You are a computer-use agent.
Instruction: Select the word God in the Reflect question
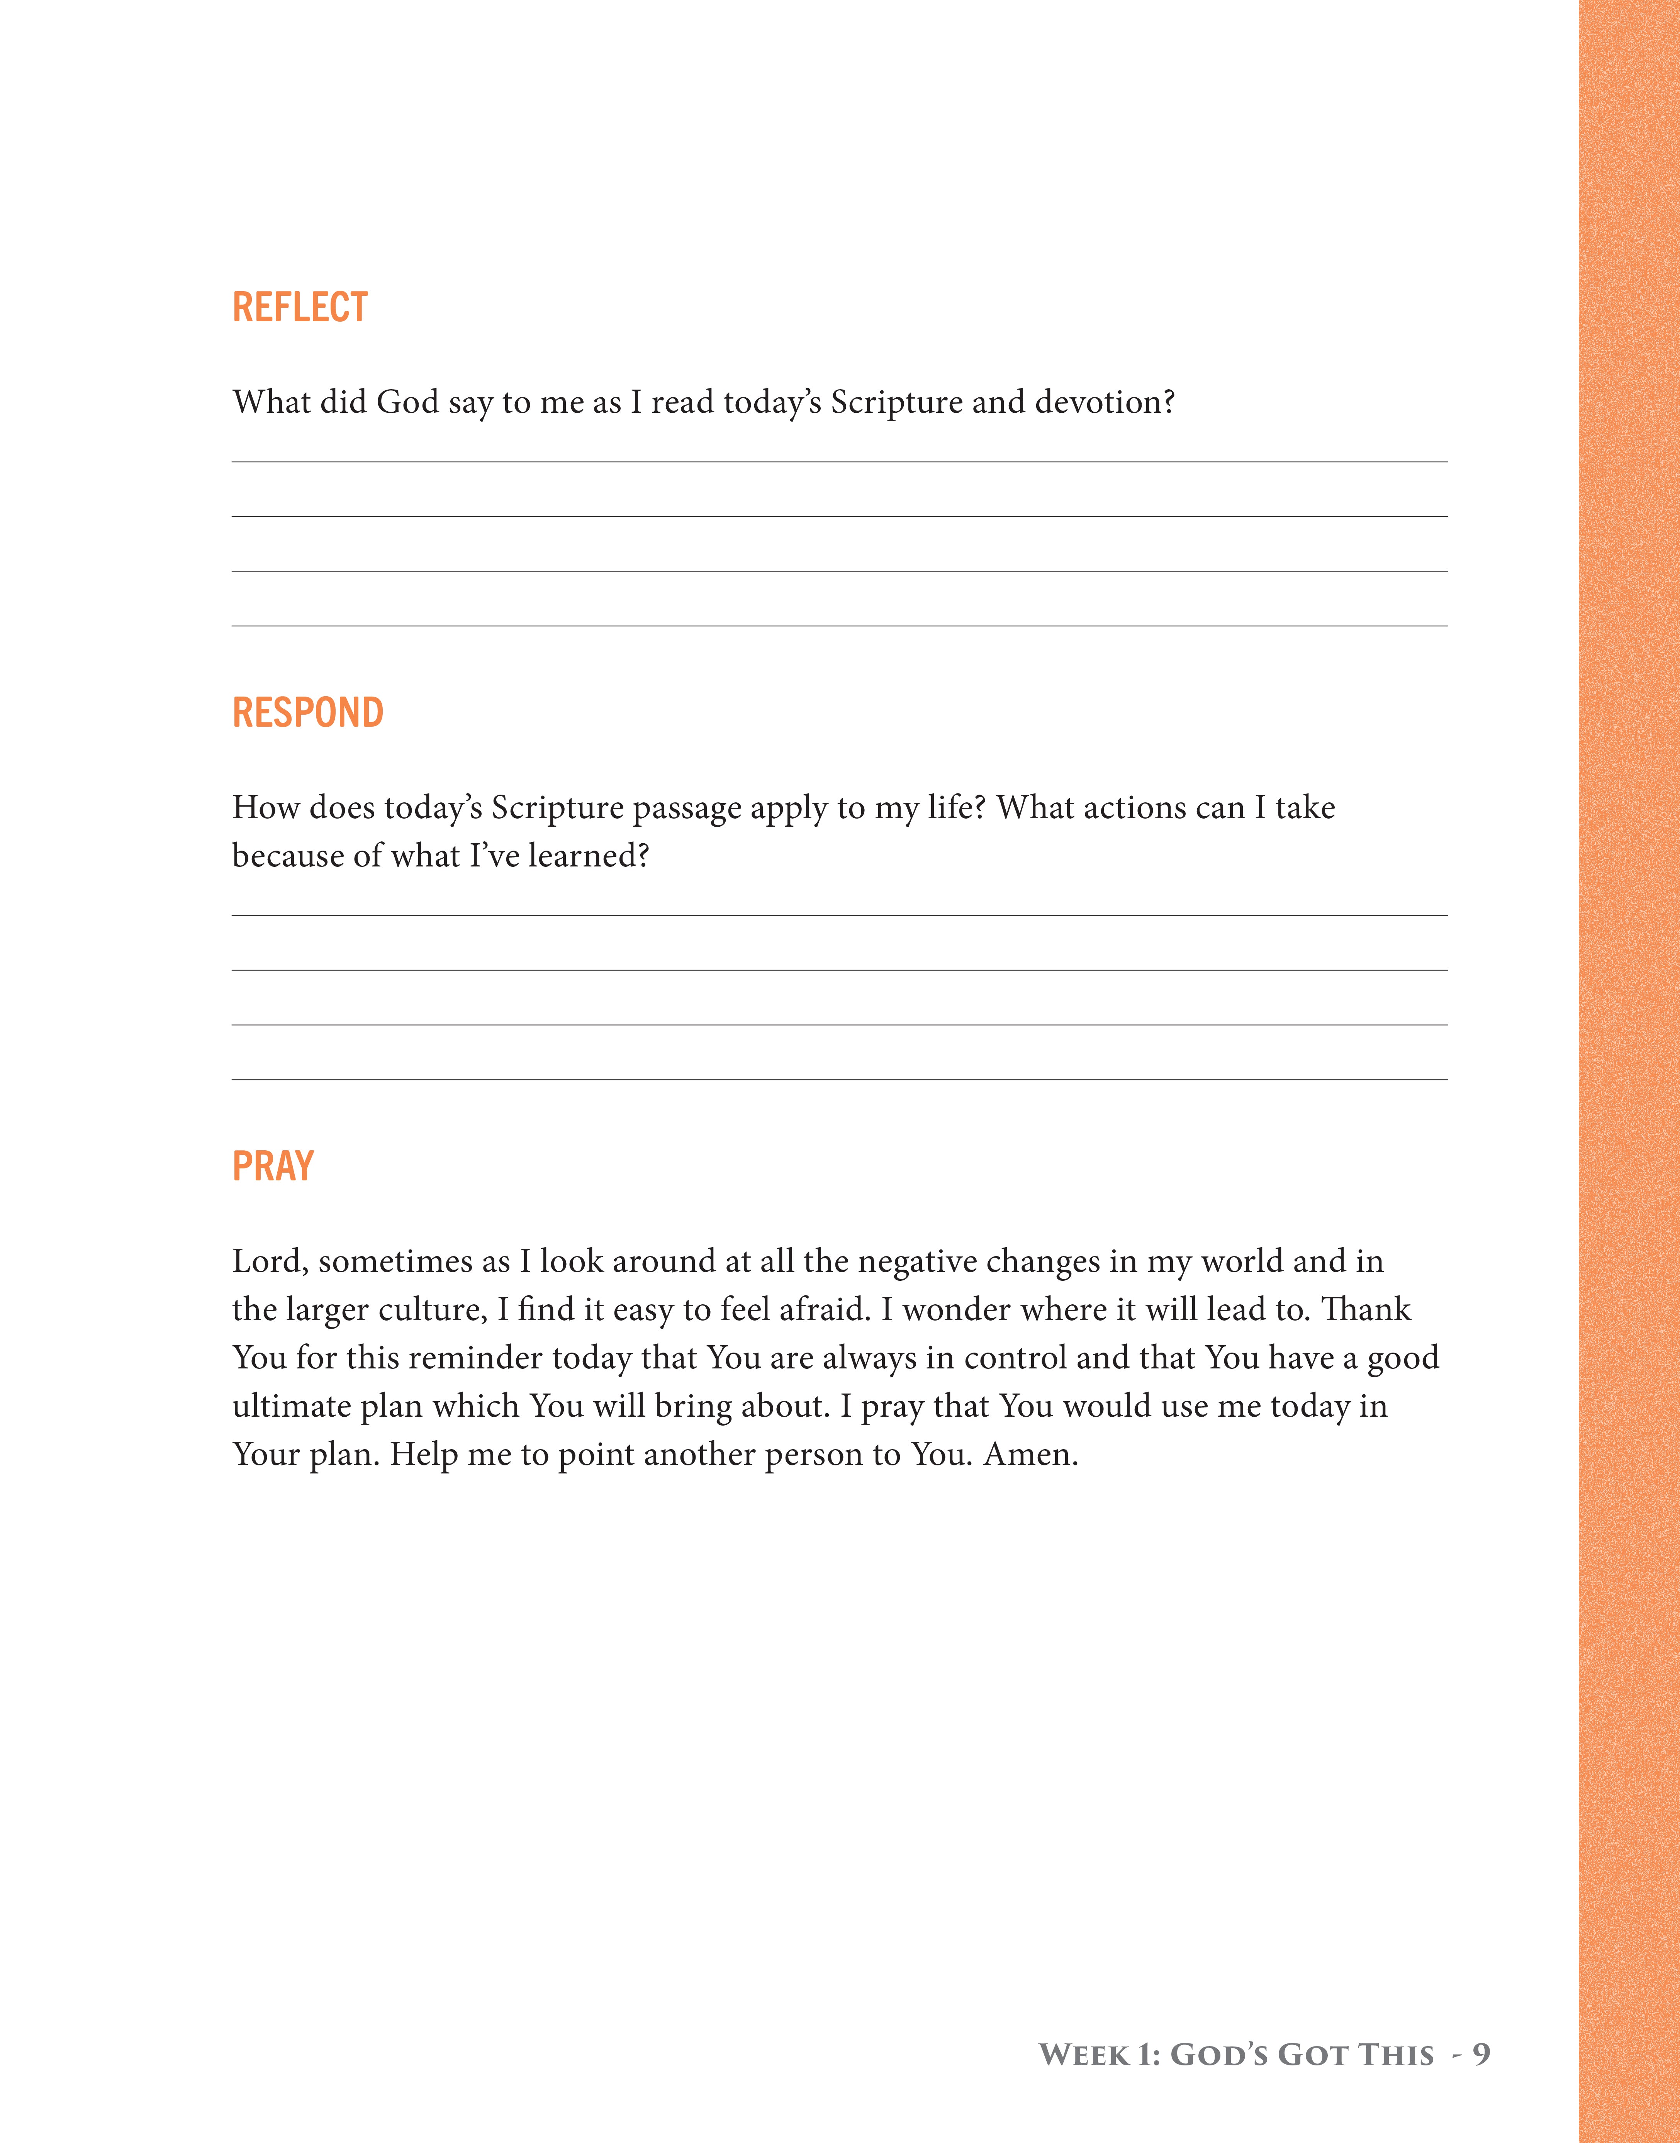click(407, 402)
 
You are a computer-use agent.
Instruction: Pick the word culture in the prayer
click(428, 1310)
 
